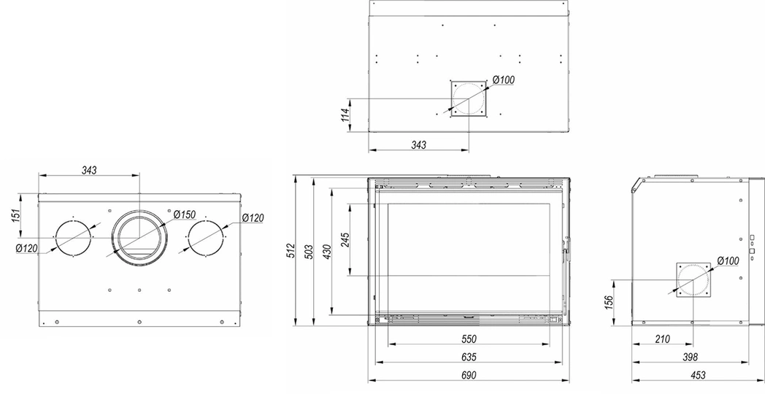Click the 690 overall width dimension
[468, 375]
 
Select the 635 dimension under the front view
[468, 357]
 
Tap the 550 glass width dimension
[468, 339]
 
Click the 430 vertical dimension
[328, 250]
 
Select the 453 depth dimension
[697, 375]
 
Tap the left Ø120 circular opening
[74, 237]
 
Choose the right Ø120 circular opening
[207, 237]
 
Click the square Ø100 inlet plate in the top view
[467, 97]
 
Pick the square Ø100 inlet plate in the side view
[693, 281]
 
